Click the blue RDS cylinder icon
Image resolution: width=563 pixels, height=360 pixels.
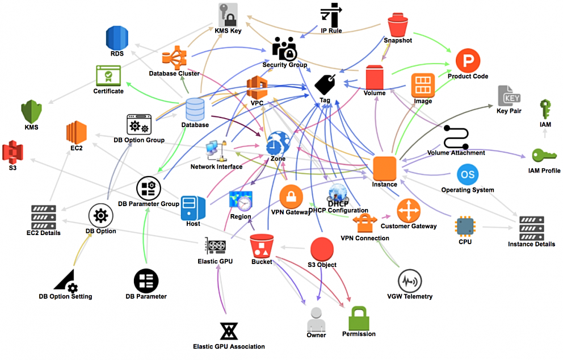pos(117,37)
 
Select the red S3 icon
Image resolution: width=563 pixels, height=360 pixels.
pos(12,153)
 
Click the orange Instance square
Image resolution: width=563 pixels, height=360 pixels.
pos(384,168)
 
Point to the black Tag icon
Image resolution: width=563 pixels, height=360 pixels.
pos(325,85)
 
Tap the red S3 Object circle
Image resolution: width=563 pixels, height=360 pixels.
pos(322,249)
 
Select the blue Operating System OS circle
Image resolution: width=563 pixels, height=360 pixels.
pos(468,174)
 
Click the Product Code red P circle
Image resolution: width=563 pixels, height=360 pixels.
pos(468,60)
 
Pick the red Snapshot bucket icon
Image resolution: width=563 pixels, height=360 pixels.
pos(398,26)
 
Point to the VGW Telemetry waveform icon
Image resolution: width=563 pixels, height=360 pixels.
pos(409,281)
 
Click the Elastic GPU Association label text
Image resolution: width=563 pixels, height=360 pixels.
pos(229,346)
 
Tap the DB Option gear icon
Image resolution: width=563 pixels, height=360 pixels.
pos(100,215)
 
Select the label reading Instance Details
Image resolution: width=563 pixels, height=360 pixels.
pos(531,244)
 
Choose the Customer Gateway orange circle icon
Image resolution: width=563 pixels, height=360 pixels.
pos(408,211)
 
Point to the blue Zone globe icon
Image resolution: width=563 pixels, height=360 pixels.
pos(278,143)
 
